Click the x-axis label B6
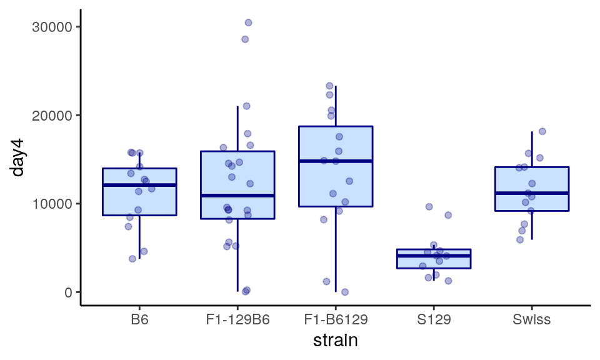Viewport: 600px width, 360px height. click(139, 320)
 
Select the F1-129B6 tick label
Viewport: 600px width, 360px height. click(237, 320)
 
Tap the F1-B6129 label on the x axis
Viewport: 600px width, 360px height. click(336, 320)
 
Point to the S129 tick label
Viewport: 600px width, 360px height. click(434, 320)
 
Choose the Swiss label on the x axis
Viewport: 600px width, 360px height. click(531, 320)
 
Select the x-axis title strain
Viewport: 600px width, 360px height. click(335, 341)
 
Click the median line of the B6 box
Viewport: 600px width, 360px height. click(139, 185)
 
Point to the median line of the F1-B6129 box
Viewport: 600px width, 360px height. click(336, 161)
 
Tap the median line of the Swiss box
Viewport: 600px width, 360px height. click(531, 193)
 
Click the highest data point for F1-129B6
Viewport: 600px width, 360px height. click(248, 22)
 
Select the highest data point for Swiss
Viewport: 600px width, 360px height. click(542, 131)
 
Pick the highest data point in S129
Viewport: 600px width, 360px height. click(429, 207)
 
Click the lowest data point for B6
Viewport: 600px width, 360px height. click(132, 259)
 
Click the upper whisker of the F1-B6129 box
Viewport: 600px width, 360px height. click(336, 106)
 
